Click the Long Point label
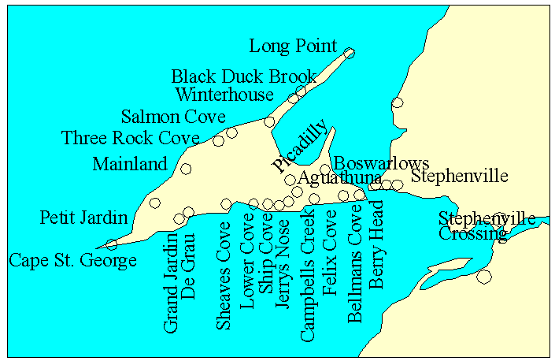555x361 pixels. tap(293, 47)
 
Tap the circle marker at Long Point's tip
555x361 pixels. tap(350, 54)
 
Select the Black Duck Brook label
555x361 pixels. tap(244, 76)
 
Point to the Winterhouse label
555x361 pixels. tap(224, 95)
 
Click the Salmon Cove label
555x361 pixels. tap(173, 117)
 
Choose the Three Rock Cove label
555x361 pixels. tap(131, 139)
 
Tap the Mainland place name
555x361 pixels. tap(130, 164)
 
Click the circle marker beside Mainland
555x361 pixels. tap(186, 169)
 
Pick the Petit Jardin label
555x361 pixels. tap(83, 217)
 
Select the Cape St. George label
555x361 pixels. tap(72, 260)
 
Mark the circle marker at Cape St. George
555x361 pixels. tap(112, 244)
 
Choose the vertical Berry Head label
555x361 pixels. tap(377, 244)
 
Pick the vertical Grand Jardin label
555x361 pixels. tap(171, 281)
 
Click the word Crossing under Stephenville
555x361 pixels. tap(473, 233)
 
